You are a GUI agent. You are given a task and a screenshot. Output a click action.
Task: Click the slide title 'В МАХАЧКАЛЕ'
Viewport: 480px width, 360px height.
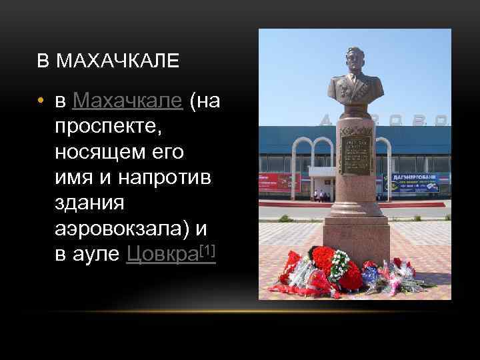coord(108,62)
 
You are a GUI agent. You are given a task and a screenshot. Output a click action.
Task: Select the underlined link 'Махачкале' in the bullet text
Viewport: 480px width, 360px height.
coord(127,101)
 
